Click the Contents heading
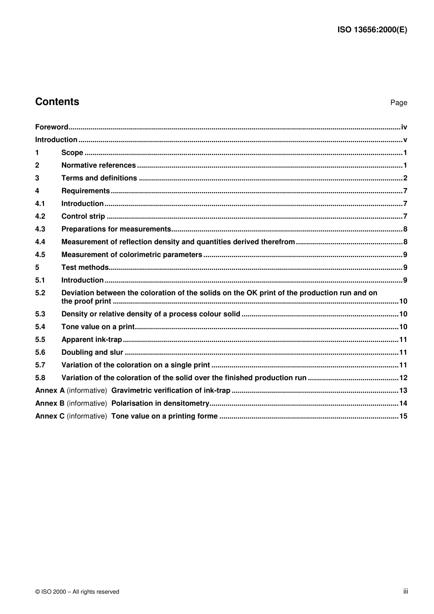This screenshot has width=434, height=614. (57, 102)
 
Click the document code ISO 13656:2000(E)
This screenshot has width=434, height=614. (372, 30)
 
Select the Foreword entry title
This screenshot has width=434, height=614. (52, 127)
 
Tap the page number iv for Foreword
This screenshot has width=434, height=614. (404, 127)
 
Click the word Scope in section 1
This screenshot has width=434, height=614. (72, 153)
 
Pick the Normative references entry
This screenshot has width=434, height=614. (98, 166)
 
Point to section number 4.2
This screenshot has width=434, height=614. (40, 216)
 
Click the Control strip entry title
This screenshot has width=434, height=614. (83, 216)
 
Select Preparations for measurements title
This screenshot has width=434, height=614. (116, 229)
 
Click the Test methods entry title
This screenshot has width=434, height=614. (85, 268)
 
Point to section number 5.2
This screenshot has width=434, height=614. (40, 293)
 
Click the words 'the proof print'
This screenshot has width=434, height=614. (86, 301)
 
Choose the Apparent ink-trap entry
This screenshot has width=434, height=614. (91, 340)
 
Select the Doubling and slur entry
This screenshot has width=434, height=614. (92, 352)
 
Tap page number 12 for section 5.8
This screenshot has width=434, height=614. (403, 378)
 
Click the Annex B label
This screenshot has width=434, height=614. (50, 404)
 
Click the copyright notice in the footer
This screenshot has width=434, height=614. (77, 592)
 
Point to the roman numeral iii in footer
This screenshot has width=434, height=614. (405, 591)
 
